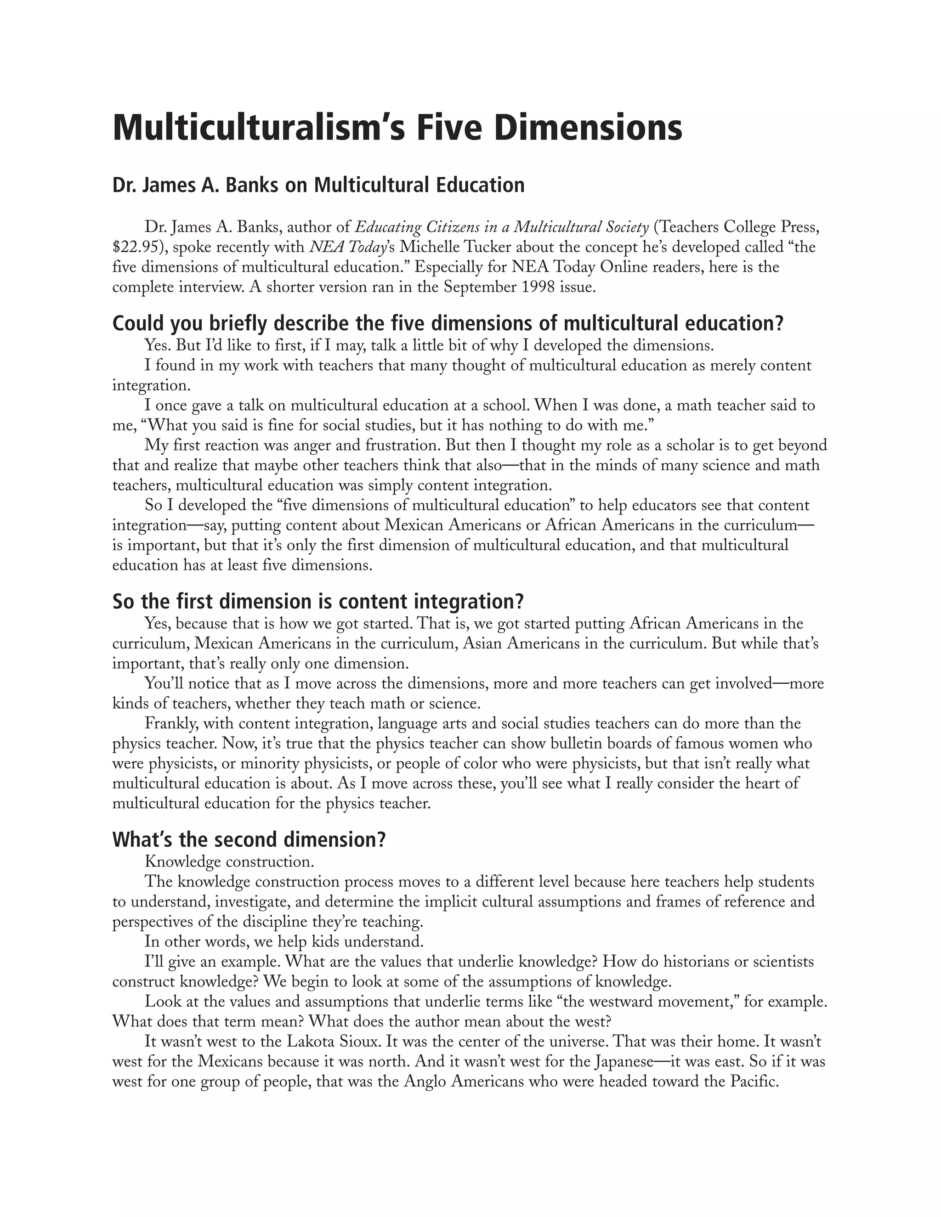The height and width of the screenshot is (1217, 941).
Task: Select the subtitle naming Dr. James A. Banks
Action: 318,185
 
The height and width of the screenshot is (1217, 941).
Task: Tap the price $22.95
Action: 134,247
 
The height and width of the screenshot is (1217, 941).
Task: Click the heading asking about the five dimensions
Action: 448,323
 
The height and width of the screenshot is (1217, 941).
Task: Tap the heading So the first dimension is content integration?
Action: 318,601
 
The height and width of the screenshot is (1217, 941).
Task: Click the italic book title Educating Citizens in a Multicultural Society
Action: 502,227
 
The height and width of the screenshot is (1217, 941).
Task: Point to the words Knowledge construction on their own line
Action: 229,862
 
